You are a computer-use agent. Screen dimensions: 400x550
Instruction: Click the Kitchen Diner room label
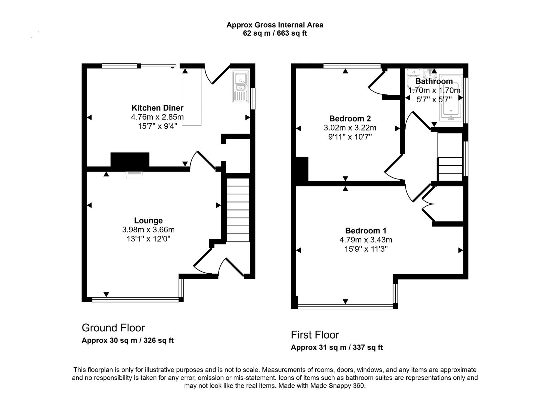pyautogui.click(x=157, y=108)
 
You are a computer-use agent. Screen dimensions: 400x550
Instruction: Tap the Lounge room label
pyautogui.click(x=148, y=221)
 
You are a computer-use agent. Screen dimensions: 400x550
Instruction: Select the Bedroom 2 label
pyautogui.click(x=350, y=119)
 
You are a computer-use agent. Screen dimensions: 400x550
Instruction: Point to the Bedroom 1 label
pyautogui.click(x=366, y=231)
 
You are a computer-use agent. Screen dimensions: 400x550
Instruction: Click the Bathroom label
pyautogui.click(x=434, y=82)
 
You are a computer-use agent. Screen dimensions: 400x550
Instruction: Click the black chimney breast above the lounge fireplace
pyautogui.click(x=130, y=160)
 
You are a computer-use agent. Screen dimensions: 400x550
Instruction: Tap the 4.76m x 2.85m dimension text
pyautogui.click(x=157, y=117)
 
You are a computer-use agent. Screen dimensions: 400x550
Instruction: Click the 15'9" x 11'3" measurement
pyautogui.click(x=366, y=249)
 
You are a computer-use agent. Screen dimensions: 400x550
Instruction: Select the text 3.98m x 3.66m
pyautogui.click(x=148, y=230)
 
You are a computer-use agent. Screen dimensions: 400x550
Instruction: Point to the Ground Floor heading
pyautogui.click(x=113, y=328)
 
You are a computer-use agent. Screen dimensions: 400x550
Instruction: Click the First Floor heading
pyautogui.click(x=315, y=335)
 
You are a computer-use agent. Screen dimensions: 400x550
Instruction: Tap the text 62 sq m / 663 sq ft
pyautogui.click(x=275, y=34)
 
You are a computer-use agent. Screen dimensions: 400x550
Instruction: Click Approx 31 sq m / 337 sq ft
pyautogui.click(x=337, y=347)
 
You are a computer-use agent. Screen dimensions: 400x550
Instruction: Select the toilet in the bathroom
pyautogui.click(x=412, y=80)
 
